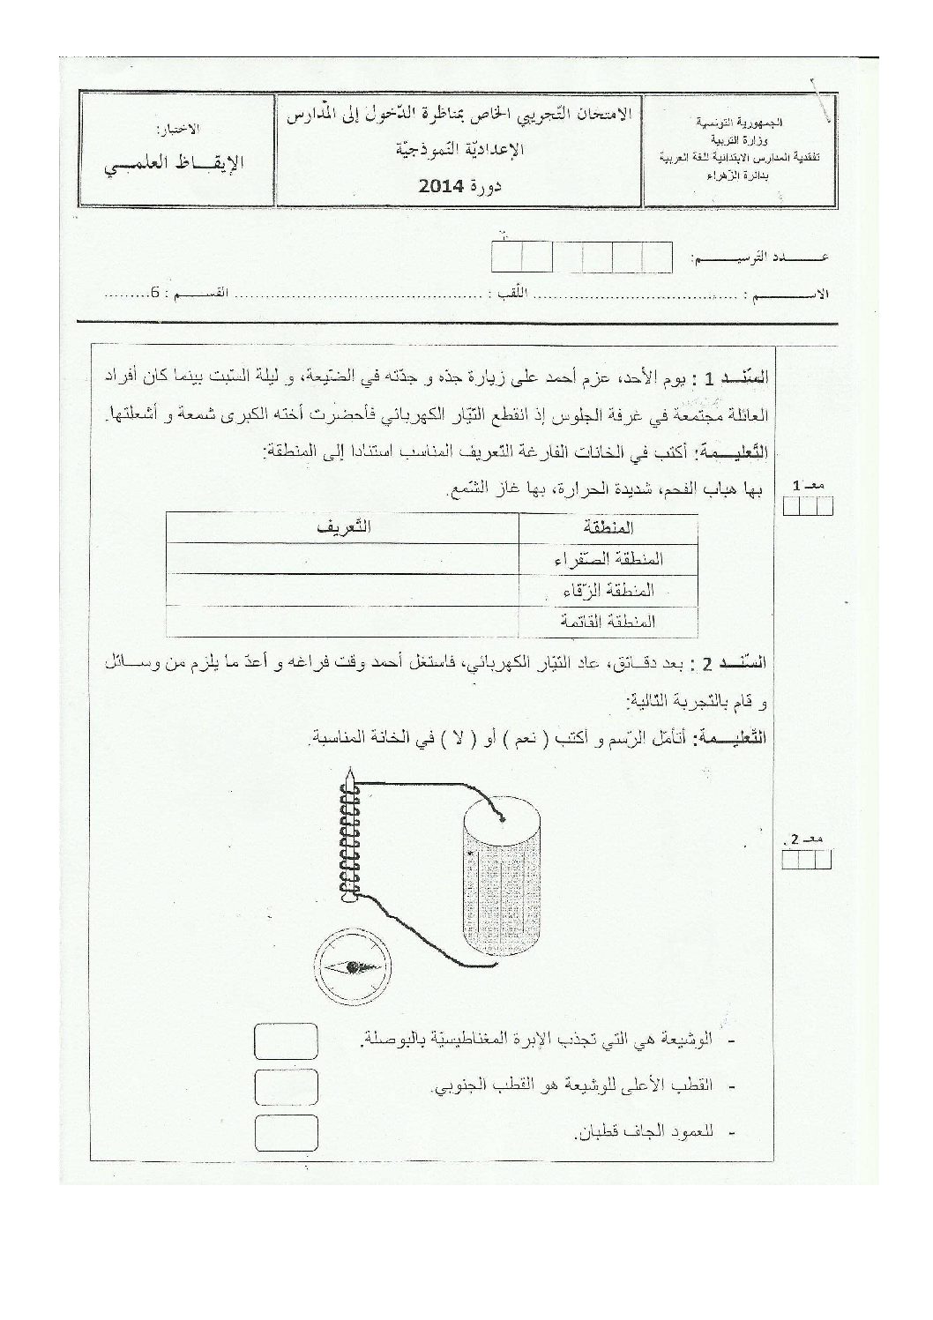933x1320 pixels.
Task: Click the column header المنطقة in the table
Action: click(609, 528)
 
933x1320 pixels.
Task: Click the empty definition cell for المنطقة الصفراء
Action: click(342, 559)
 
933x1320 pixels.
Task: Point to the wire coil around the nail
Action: click(351, 846)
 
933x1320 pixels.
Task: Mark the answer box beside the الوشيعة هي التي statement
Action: click(284, 1040)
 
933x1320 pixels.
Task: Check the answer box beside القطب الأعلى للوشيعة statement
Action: click(284, 1086)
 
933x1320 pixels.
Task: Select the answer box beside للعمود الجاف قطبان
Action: click(284, 1132)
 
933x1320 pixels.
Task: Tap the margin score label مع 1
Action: click(807, 486)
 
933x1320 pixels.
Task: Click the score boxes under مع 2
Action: click(807, 860)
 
